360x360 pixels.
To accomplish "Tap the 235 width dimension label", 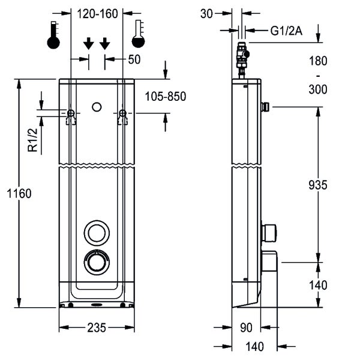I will [97, 328].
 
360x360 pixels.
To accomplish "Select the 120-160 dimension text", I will [96, 13].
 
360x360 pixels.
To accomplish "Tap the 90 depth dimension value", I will [246, 328].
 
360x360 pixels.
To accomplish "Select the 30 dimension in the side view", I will [207, 13].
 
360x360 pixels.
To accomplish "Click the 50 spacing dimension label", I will [134, 59].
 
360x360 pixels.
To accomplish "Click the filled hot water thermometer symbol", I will [54, 35].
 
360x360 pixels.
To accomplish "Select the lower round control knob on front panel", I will [97, 262].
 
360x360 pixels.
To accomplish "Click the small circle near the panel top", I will [97, 107].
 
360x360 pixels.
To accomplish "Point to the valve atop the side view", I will [242, 56].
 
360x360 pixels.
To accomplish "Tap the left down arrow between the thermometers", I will [88, 43].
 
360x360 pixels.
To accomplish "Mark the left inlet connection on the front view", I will [71, 113].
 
